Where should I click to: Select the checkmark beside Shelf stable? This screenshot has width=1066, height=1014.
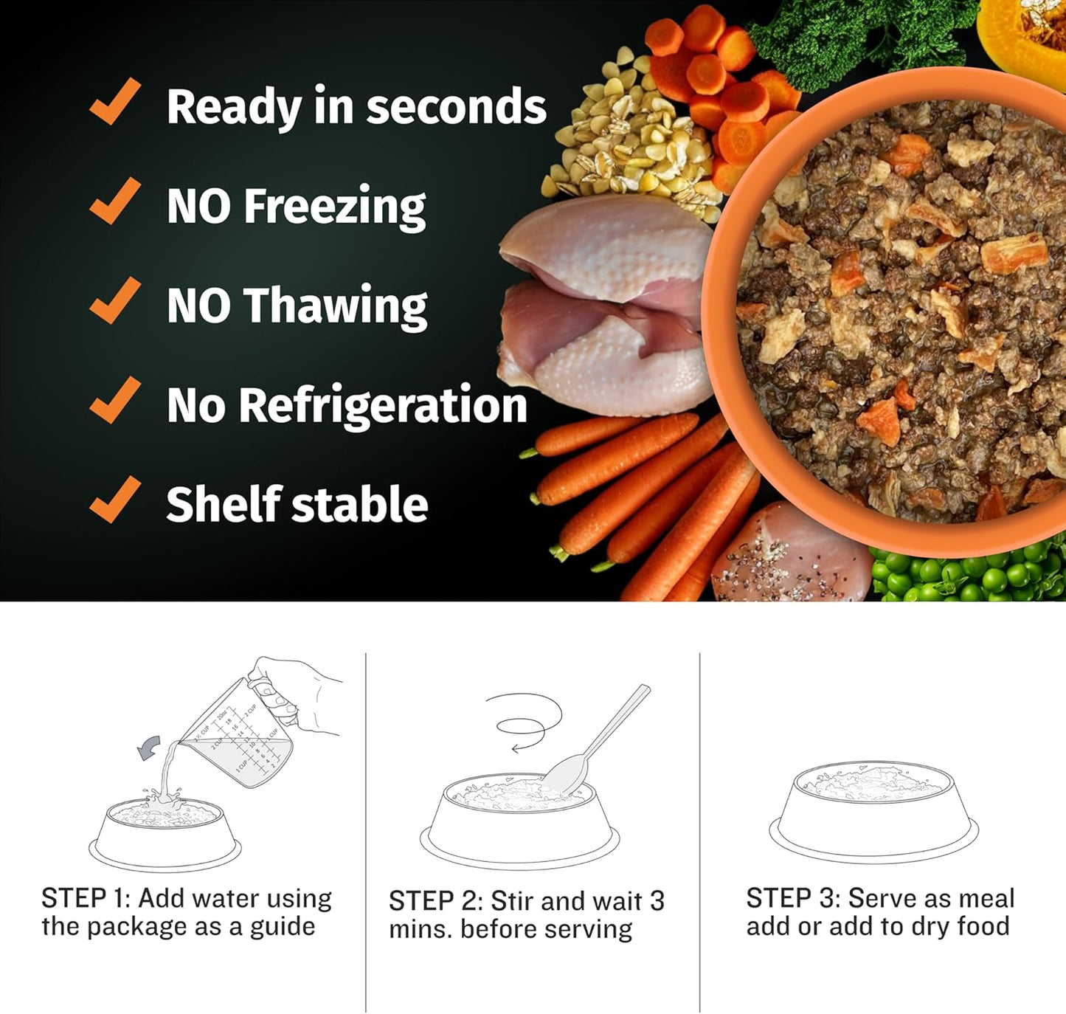(x=114, y=500)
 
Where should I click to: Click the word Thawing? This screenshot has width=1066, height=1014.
(x=336, y=306)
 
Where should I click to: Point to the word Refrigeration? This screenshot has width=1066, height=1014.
(x=383, y=405)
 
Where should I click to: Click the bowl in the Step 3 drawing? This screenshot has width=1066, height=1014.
(x=873, y=813)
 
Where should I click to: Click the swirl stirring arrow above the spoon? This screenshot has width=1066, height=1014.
(x=528, y=724)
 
